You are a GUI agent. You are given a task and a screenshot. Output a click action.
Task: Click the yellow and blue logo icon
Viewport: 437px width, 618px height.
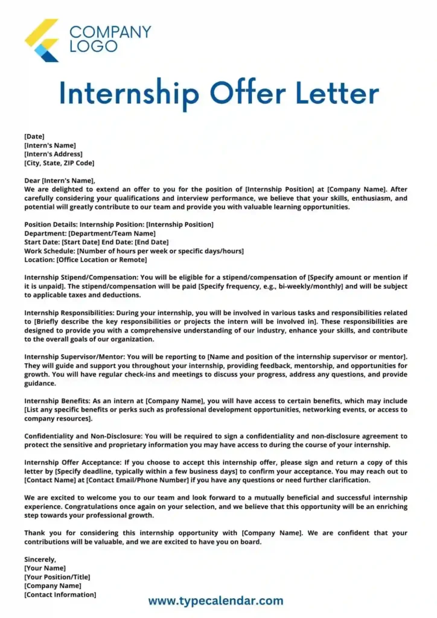pos(42,40)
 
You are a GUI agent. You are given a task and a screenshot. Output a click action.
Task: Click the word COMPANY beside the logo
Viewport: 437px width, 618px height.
pos(110,31)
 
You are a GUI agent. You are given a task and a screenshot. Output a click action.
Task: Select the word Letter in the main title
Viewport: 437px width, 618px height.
pos(338,94)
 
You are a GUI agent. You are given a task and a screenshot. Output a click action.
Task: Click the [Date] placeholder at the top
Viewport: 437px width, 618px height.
pos(34,136)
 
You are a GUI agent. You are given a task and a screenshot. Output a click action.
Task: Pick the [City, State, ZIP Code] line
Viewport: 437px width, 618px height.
pos(59,163)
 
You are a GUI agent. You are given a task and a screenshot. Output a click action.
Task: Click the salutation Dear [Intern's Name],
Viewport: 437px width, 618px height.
pos(60,180)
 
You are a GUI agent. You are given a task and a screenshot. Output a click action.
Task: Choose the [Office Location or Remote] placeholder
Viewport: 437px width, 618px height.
pos(101,260)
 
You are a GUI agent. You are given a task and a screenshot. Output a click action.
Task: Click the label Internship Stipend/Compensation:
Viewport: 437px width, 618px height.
pos(80,278)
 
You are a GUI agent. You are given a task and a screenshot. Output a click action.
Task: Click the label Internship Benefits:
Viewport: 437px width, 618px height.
pos(54,401)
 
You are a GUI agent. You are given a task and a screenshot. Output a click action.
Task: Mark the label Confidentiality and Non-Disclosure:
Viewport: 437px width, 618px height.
pos(84,436)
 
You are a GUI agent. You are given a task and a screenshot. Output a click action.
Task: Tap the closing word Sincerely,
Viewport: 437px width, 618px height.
pos(40,559)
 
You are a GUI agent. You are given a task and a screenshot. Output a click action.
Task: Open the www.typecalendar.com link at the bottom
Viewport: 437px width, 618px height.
pos(215,600)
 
